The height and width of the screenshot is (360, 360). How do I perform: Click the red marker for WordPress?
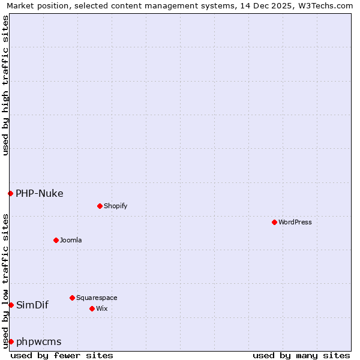pos(274,222)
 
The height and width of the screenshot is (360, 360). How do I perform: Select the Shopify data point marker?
pos(100,206)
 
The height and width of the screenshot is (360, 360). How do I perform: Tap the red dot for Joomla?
pos(56,240)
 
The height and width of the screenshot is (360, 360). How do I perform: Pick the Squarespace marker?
pos(72,298)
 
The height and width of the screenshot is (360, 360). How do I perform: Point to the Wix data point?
pos(92,308)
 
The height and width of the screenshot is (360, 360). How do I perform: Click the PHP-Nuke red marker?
pos(10,193)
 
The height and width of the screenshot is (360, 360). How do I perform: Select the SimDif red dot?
pos(11,305)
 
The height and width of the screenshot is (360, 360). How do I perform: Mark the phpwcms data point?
pos(11,341)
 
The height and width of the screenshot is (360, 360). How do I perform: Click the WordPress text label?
pos(295,222)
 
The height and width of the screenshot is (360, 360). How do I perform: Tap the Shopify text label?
pos(115,206)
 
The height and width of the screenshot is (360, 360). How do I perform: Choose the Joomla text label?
pos(71,240)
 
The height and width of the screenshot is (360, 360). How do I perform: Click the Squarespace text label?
pos(97,298)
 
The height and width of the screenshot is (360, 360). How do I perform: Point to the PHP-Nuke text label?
pos(40,193)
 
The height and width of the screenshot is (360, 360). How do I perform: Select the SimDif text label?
pos(32,305)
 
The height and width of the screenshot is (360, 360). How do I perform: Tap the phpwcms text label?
pos(39,341)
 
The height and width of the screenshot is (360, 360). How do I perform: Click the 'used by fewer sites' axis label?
pos(62,355)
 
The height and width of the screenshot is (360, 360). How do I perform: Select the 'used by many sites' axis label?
pos(301,355)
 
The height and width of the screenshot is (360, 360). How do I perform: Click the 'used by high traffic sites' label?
pos(5,85)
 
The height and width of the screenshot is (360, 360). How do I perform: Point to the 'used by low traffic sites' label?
pos(5,280)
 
